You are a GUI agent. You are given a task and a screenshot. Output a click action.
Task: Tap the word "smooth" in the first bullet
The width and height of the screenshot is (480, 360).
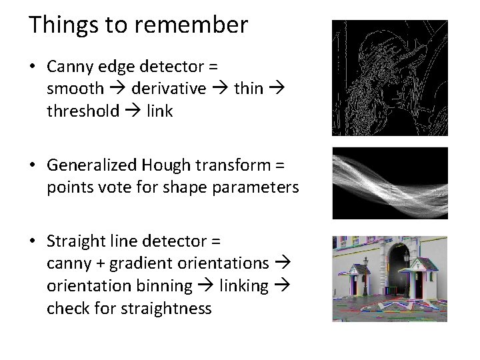click(75, 88)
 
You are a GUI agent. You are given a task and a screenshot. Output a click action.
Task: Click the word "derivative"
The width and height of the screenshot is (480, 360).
click(168, 88)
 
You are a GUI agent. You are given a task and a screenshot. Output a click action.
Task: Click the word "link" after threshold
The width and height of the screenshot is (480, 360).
click(161, 111)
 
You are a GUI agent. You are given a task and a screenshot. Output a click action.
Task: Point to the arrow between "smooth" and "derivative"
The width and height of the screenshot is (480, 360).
click(118, 88)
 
